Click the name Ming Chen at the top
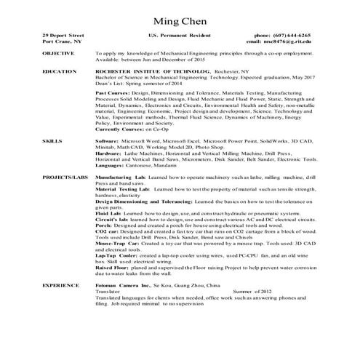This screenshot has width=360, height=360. point(179,17)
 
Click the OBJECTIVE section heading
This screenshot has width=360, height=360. point(58,53)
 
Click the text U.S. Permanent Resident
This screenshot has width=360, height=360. point(179,35)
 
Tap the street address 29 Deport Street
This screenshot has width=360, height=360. point(63,35)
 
